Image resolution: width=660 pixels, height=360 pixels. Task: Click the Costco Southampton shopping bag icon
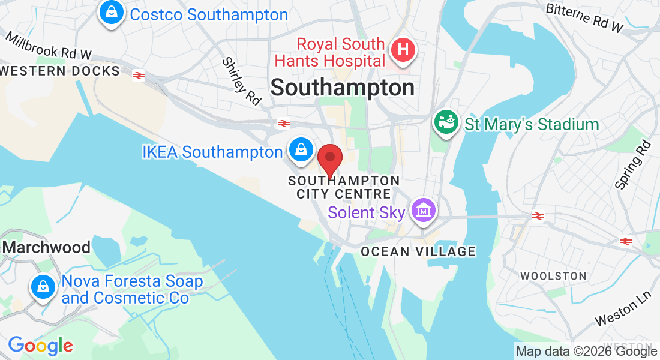112,13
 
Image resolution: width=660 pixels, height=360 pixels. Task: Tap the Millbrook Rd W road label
49,46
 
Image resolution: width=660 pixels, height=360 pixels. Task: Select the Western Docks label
60,71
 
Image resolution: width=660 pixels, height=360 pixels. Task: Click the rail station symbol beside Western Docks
139,75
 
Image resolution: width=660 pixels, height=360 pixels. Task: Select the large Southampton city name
342,88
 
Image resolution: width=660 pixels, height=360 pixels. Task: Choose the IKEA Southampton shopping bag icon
299,150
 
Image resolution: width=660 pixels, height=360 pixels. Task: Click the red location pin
329,160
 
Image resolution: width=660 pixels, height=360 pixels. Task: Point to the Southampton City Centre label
344,187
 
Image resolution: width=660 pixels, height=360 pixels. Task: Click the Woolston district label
553,276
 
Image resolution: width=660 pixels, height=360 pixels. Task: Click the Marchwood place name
47,247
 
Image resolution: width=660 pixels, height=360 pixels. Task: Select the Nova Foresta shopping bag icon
43,286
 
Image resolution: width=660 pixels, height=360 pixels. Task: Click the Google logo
41,345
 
